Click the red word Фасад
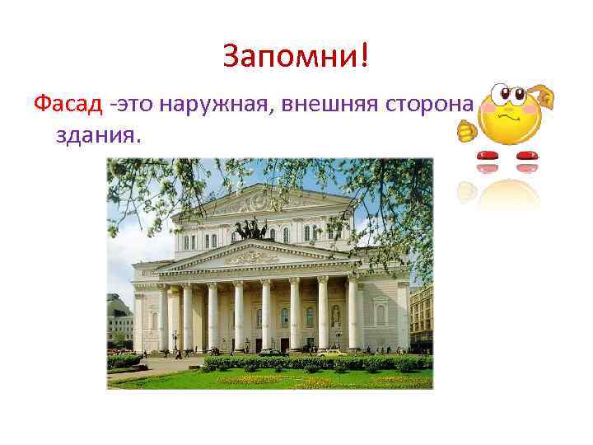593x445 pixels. (69, 105)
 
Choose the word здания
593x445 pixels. (99, 133)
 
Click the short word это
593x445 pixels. (135, 105)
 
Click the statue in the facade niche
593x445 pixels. (335, 315)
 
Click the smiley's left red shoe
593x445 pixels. (489, 155)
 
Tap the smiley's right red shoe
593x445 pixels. (526, 155)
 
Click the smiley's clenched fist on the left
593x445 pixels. (467, 129)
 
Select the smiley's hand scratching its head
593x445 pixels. (544, 99)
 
